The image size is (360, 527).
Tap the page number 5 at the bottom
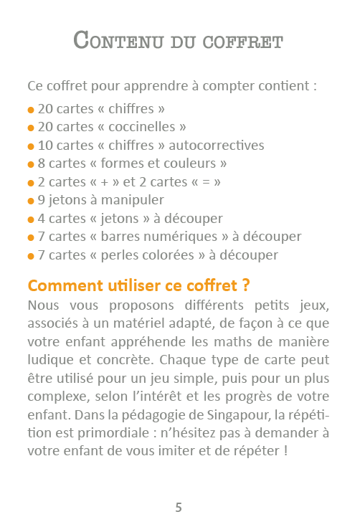pos(179,508)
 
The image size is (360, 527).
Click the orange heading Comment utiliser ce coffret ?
pos(139,285)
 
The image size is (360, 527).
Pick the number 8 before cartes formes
pos(42,163)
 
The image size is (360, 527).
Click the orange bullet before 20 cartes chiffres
pos(31,110)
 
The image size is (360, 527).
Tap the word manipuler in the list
pos(135,200)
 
